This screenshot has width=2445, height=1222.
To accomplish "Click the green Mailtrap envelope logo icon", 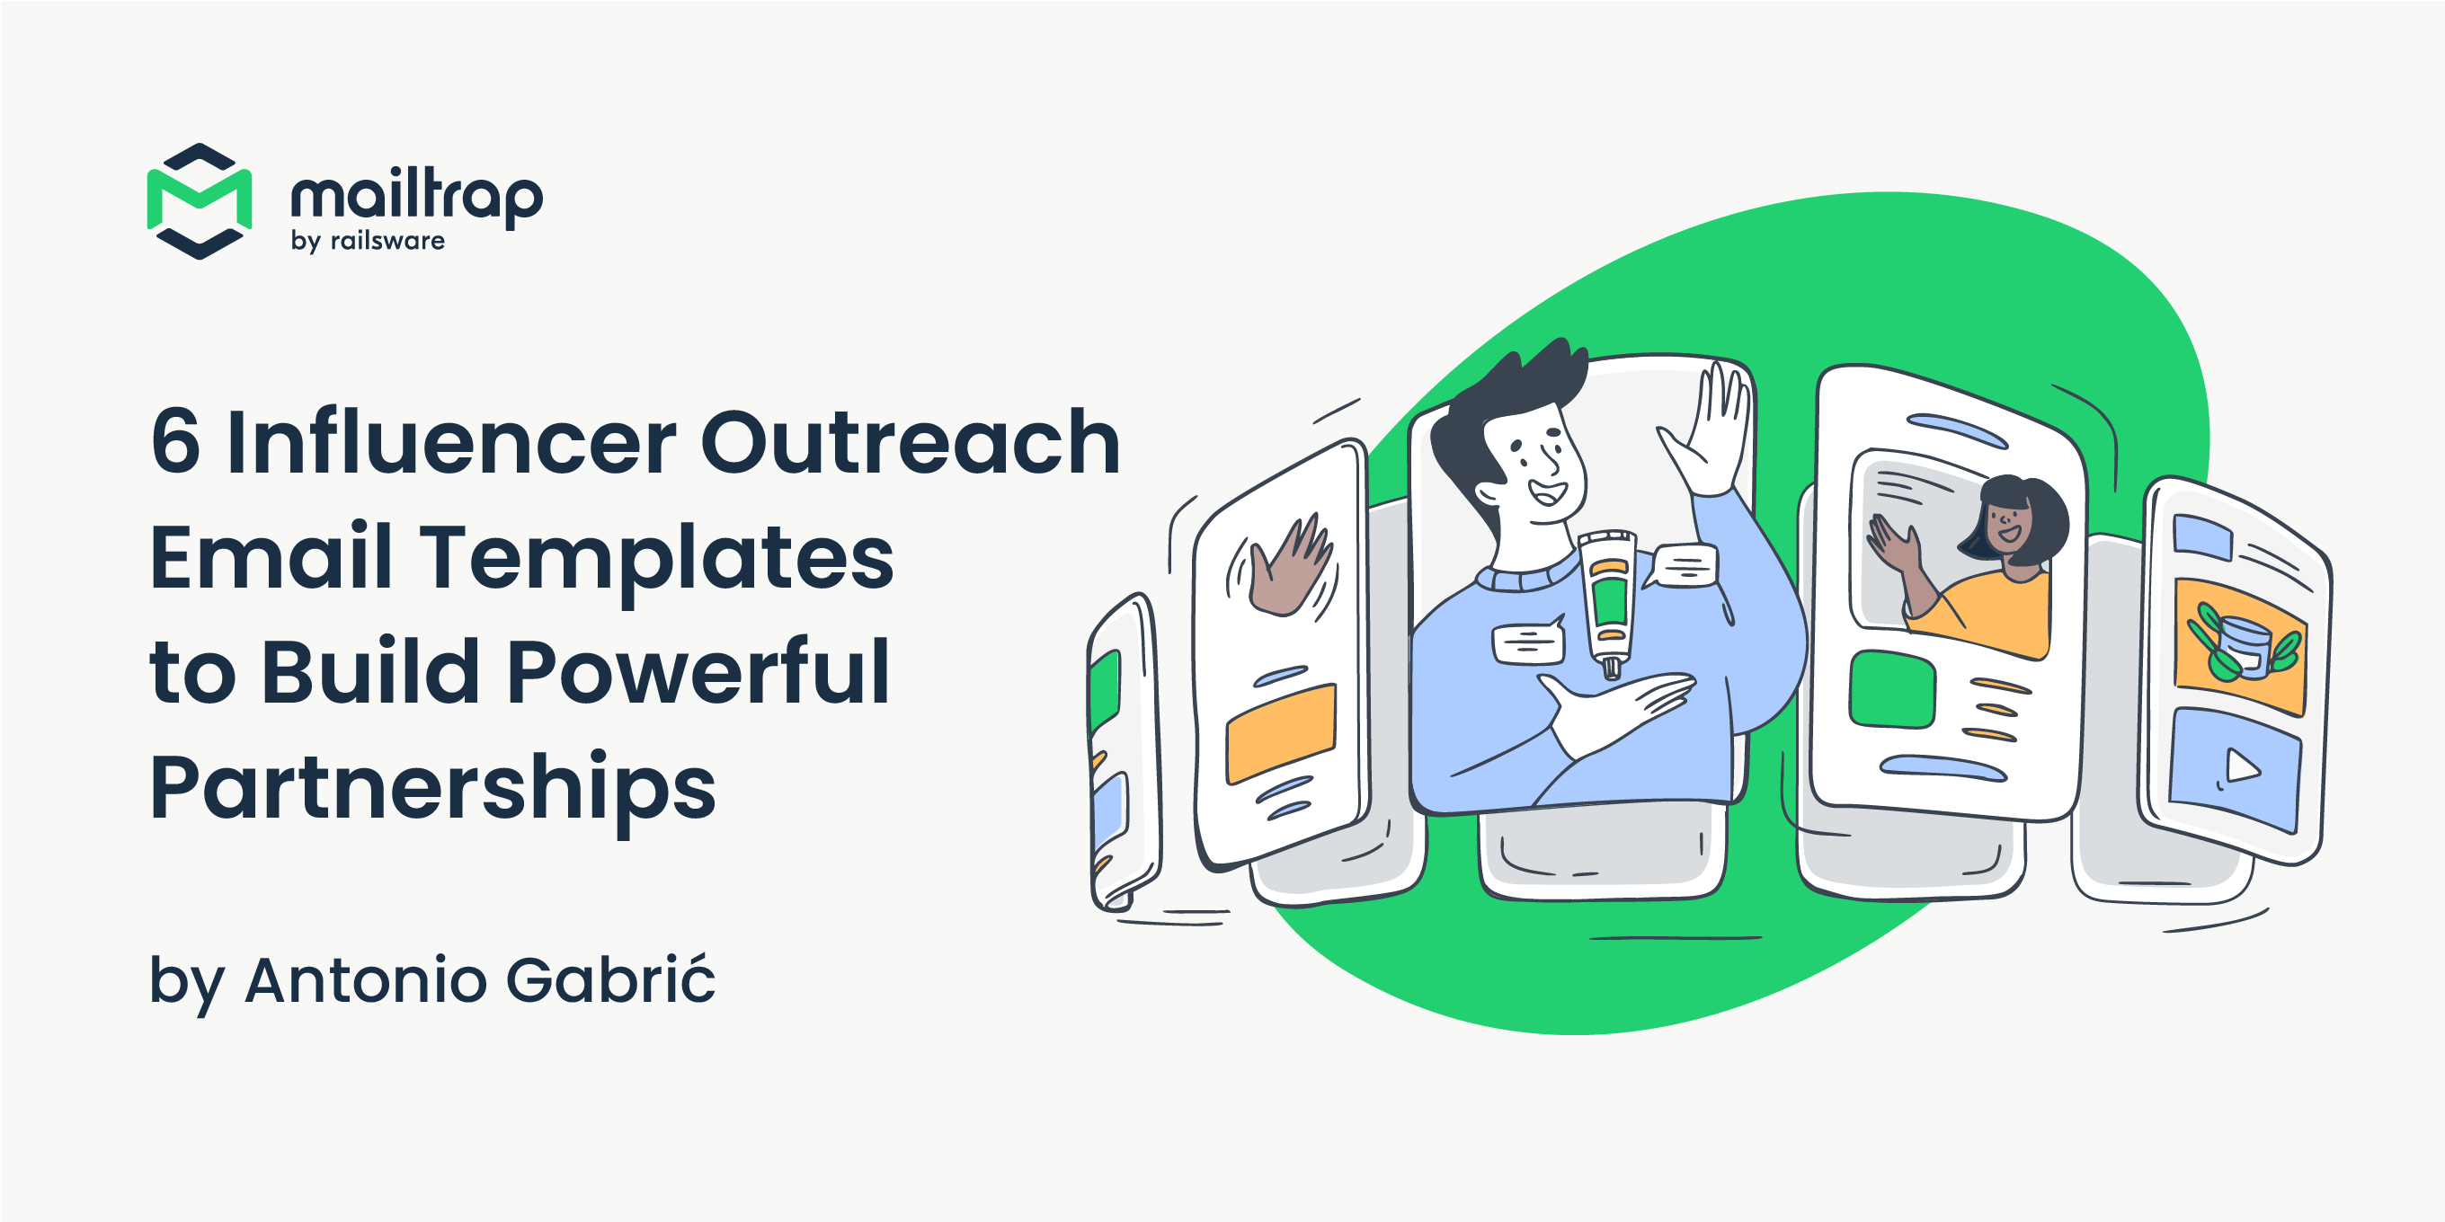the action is (200, 201).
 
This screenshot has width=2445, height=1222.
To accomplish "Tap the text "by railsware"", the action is (369, 241).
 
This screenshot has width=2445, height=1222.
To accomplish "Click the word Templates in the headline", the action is (657, 559).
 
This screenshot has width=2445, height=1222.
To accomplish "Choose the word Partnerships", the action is (432, 790).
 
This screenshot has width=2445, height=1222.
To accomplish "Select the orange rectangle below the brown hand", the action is (1280, 732).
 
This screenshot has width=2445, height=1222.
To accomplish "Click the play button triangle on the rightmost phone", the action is (2242, 765).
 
